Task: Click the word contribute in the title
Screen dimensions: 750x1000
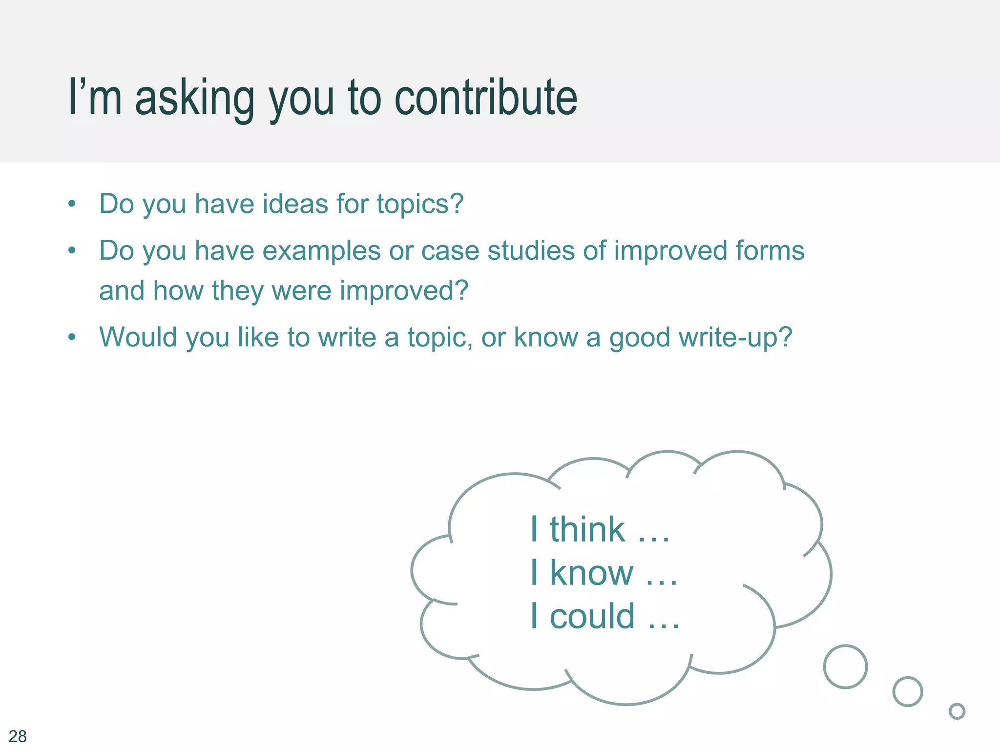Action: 486,98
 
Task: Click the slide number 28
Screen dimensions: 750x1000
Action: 18,736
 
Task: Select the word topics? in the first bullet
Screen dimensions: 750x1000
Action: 420,205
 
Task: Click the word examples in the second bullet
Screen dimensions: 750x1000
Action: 321,251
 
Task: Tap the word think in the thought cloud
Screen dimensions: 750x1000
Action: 587,529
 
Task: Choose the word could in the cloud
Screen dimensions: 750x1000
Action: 593,616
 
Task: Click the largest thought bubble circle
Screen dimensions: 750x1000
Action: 845,667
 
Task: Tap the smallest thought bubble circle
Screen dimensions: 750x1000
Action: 957,711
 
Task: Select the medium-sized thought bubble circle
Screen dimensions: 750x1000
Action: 908,691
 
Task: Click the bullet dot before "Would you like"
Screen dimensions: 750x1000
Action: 72,337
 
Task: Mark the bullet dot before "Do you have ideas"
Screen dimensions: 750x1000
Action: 72,204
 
